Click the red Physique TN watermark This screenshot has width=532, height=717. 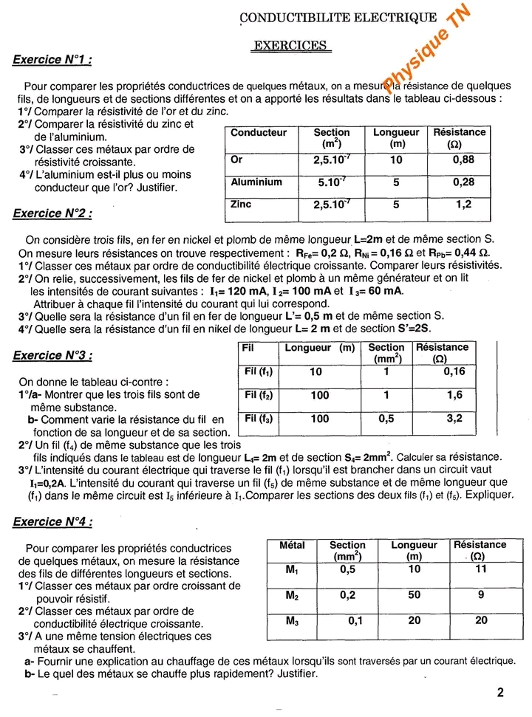tap(427, 46)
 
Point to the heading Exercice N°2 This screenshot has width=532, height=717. tap(52, 214)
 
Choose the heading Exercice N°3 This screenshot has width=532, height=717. tap(52, 355)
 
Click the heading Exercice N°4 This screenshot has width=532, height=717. tap(52, 522)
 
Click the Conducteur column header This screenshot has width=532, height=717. tap(259, 133)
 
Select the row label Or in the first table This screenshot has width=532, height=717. tap(236, 159)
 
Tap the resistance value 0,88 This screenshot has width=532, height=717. tap(463, 159)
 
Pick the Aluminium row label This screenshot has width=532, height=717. tap(256, 182)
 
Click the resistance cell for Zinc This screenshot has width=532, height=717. tap(463, 205)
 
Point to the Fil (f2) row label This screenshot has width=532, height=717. tap(259, 395)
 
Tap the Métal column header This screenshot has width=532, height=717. tap(293, 546)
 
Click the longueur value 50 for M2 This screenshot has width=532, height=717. tap(414, 594)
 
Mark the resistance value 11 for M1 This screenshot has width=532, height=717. tap(480, 569)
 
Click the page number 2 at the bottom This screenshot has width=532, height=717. tap(500, 693)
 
